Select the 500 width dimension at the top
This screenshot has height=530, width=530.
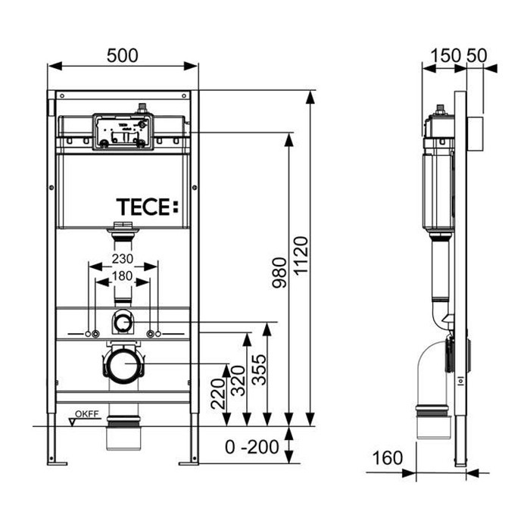coord(123,55)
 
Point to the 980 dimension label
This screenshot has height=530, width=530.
coord(279,273)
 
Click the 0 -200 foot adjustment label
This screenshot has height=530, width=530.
coord(253,447)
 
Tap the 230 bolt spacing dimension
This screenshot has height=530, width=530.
coord(123,258)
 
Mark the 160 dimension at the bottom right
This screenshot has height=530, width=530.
coord(388,459)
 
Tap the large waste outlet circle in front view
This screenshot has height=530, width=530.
coord(123,366)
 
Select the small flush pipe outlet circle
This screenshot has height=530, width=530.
coord(123,323)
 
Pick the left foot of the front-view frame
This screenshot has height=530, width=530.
coord(52,459)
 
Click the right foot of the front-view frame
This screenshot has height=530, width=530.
coord(189,459)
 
